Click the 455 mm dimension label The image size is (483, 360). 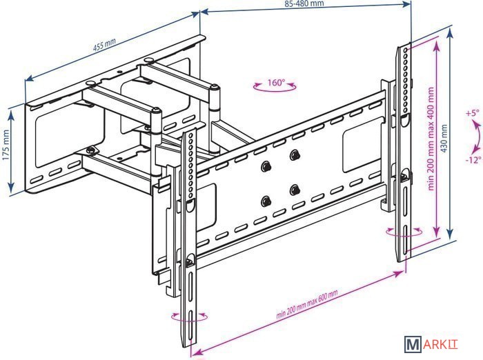point(104,45)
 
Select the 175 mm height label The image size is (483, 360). point(6,145)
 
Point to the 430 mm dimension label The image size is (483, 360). point(444,139)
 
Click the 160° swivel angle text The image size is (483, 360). point(276,82)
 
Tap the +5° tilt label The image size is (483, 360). point(473,112)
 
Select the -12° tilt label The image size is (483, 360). point(473,160)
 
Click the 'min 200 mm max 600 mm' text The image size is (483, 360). point(306,304)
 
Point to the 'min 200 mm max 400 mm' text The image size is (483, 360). point(431,139)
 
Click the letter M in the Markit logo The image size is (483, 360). point(413,344)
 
